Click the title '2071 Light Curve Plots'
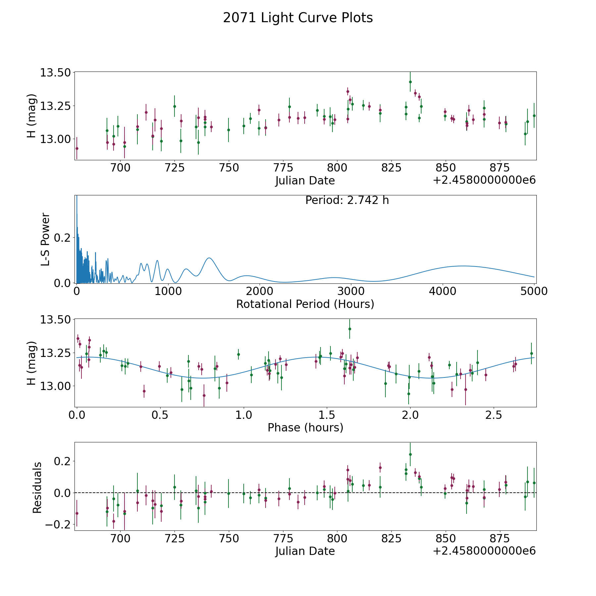(298, 18)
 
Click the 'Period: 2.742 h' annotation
(347, 200)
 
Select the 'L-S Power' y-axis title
(45, 239)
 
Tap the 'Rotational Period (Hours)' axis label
(305, 304)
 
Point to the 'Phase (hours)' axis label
(305, 427)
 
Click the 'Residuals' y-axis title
(37, 487)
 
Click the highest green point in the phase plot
(350, 329)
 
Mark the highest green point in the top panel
(410, 82)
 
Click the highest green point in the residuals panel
(410, 454)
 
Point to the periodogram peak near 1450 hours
(209, 258)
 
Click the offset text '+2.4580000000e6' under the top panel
(484, 180)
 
